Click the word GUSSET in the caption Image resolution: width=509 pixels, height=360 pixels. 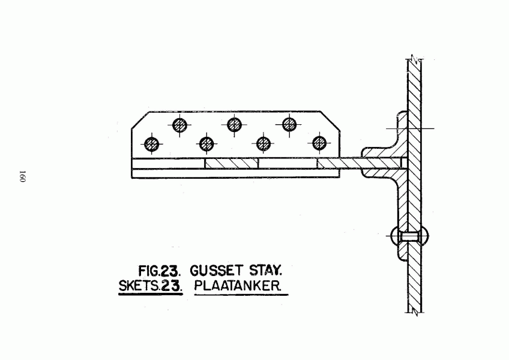coord(216,271)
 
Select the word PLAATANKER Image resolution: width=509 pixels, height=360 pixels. coord(237,286)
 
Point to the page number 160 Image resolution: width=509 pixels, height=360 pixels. coord(22,176)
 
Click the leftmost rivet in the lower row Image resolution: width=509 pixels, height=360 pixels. coord(152,144)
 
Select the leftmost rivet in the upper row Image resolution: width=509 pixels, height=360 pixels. coord(179,125)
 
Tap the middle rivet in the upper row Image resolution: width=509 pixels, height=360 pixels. coord(234,124)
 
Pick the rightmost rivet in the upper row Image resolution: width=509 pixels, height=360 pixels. coord(289,124)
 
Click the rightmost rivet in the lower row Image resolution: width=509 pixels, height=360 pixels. coord(319,143)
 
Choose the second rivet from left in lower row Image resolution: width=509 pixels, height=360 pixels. coord(206,144)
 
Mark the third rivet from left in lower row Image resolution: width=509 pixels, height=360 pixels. coord(264,143)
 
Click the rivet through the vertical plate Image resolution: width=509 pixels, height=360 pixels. coord(409,236)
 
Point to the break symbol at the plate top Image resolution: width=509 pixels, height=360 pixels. coord(415,59)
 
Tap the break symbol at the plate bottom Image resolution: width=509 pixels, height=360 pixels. coord(415,313)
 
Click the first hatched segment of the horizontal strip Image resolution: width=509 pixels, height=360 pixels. coord(232,163)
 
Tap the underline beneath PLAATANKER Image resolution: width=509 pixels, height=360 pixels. coord(241,295)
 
